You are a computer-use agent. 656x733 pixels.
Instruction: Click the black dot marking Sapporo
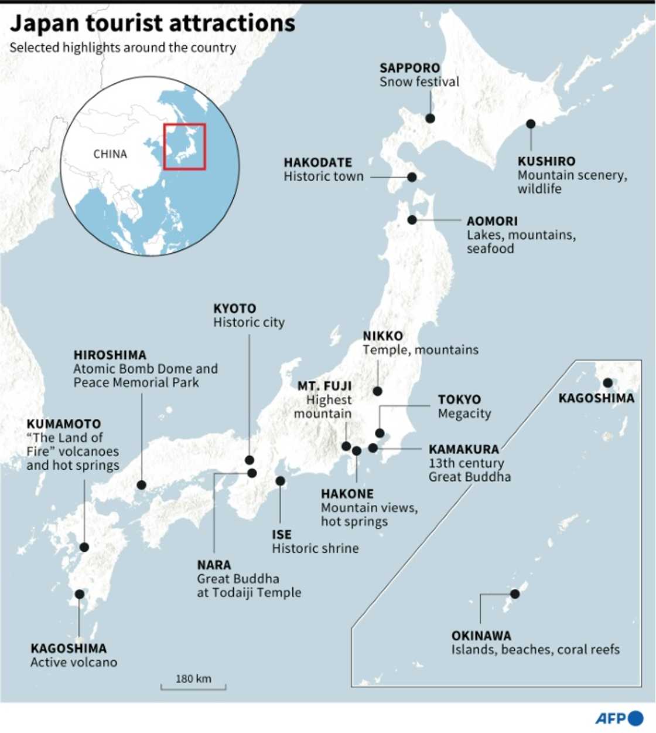pos(430,118)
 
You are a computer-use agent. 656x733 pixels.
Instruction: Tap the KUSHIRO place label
pos(546,161)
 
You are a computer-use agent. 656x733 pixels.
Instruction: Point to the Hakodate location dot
pos(412,177)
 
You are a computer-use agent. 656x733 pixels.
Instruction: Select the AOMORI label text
pos(492,221)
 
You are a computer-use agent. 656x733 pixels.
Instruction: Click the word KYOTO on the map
pos(234,308)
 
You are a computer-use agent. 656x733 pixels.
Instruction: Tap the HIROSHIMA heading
pos(110,355)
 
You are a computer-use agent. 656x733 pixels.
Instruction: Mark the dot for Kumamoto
pos(84,547)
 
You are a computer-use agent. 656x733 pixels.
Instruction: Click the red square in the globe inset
pos(184,147)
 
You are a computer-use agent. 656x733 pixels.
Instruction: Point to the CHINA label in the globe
pos(110,154)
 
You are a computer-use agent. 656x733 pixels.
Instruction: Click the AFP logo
pos(619,718)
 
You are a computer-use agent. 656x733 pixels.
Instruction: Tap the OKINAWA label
pos(481,636)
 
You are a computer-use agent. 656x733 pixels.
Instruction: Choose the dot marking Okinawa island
pos(515,594)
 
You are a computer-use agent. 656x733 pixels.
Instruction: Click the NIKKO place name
pos(383,336)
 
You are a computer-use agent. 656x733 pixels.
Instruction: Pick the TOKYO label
pos(459,399)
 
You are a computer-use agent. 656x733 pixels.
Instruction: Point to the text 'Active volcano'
pos(74,663)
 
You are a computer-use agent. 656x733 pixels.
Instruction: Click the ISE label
pos(282,535)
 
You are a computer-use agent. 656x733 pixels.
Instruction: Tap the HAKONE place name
pos(347,494)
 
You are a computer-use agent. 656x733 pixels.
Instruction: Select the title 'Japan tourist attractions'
pos(153,23)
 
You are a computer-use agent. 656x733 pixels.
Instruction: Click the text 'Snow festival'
pos(419,82)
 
